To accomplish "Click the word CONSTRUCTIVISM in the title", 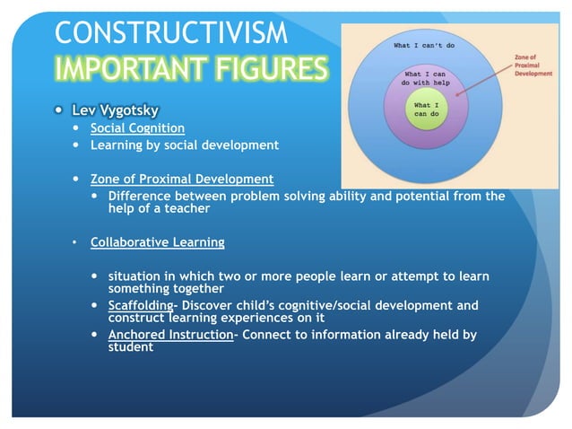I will tap(171, 32).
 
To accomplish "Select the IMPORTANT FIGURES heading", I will tap(191, 69).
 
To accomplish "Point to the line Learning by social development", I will tap(184, 144).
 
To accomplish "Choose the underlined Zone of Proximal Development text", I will tap(182, 179).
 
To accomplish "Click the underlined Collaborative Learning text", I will tap(157, 242).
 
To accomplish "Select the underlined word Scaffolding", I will tap(140, 305).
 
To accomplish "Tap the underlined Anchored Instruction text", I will tap(169, 335).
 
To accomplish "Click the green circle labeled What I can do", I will tap(427, 112).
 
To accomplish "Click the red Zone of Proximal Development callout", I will tap(533, 66).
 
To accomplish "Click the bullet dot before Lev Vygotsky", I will tap(58, 111).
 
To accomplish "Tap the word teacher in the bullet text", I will tap(186, 208).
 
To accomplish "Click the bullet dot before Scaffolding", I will tap(95, 305).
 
